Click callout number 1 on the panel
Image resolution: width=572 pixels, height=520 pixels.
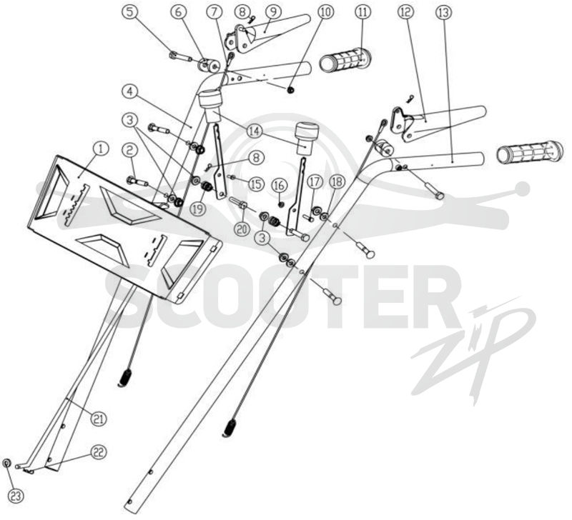[102, 149]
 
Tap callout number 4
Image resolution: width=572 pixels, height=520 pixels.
[130, 91]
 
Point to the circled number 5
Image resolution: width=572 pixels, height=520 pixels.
[130, 12]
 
